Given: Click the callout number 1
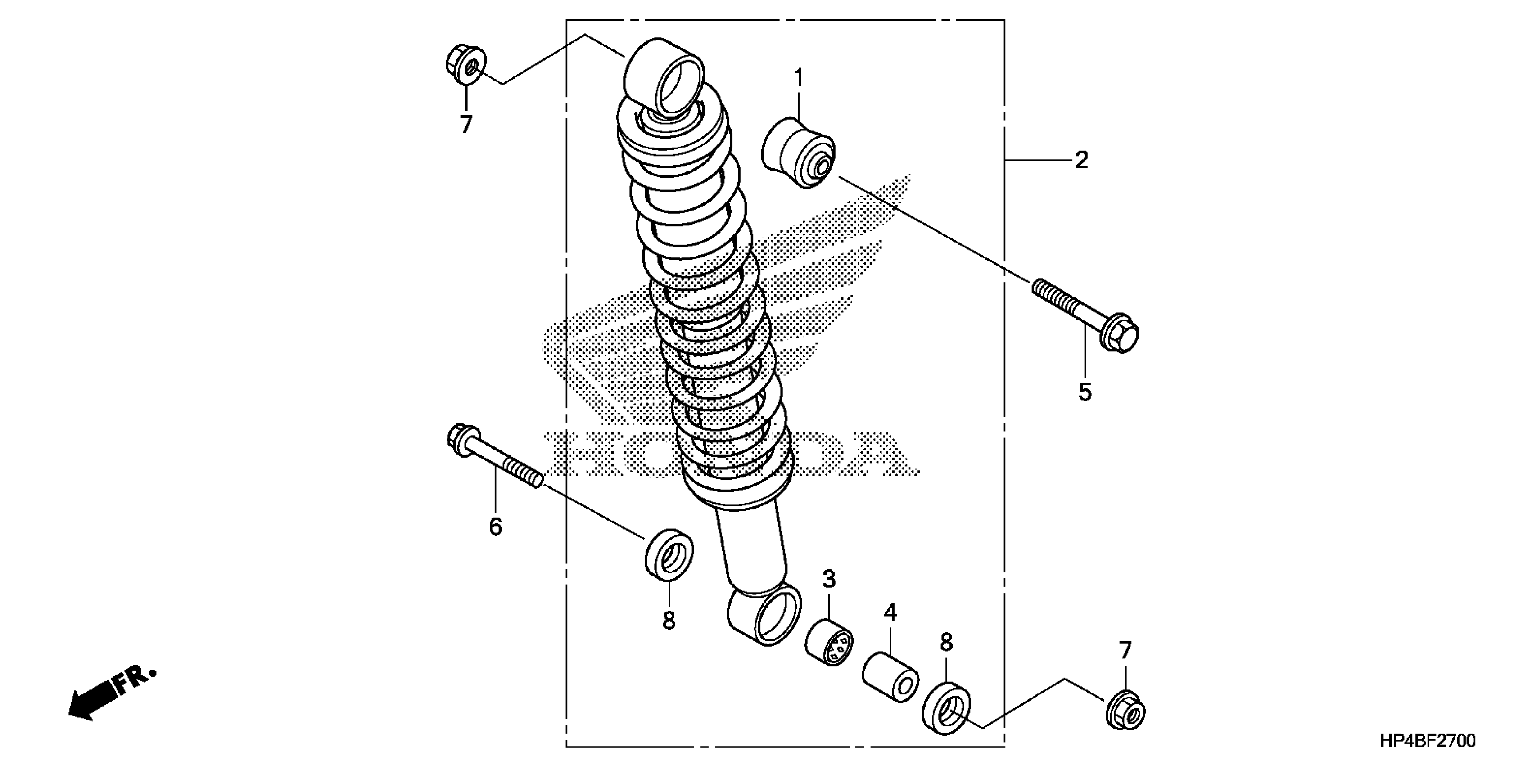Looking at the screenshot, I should tap(798, 78).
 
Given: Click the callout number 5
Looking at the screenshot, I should tap(1085, 392).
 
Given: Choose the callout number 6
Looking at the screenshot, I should tap(495, 526).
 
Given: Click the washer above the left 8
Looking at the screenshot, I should tap(669, 552).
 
